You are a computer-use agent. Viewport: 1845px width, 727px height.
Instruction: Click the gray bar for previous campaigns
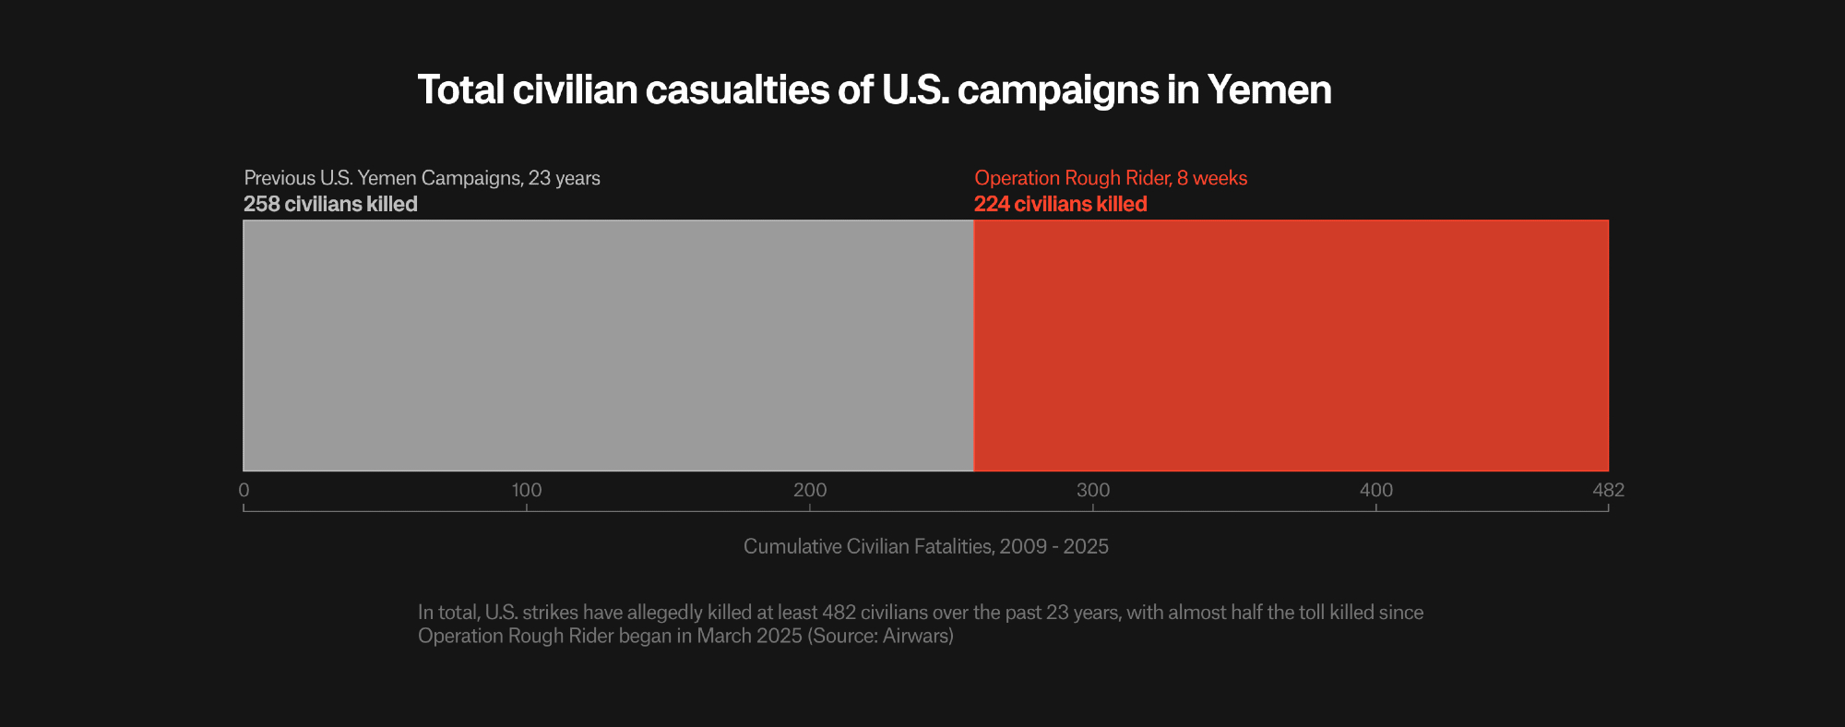[x=608, y=345]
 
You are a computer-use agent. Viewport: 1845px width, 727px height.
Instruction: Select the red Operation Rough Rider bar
[x=1291, y=345]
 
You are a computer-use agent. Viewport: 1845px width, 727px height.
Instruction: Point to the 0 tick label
[x=244, y=490]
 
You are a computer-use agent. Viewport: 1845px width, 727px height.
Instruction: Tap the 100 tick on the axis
[x=527, y=490]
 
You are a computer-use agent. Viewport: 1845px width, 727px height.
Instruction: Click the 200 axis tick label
[x=810, y=490]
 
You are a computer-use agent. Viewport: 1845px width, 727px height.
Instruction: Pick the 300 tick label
[x=1093, y=490]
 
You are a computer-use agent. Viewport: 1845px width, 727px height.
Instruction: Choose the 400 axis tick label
[x=1376, y=490]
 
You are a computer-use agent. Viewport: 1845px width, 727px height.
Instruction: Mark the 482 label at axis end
[x=1608, y=490]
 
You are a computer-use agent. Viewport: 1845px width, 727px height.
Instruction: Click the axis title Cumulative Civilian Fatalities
[x=925, y=546]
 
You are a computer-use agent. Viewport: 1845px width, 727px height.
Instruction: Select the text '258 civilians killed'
[x=330, y=204]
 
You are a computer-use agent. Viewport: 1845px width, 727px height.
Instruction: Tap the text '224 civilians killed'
[x=1060, y=204]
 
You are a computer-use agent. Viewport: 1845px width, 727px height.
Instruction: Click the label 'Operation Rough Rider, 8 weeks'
[x=1111, y=177]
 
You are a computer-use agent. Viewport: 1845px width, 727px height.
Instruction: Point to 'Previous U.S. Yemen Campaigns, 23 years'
[x=422, y=177]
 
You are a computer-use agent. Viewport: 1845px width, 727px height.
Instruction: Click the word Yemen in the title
[x=1269, y=90]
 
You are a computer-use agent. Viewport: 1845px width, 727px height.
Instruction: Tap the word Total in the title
[x=460, y=90]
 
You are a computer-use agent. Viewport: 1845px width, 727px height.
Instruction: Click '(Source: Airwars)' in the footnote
[x=880, y=636]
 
